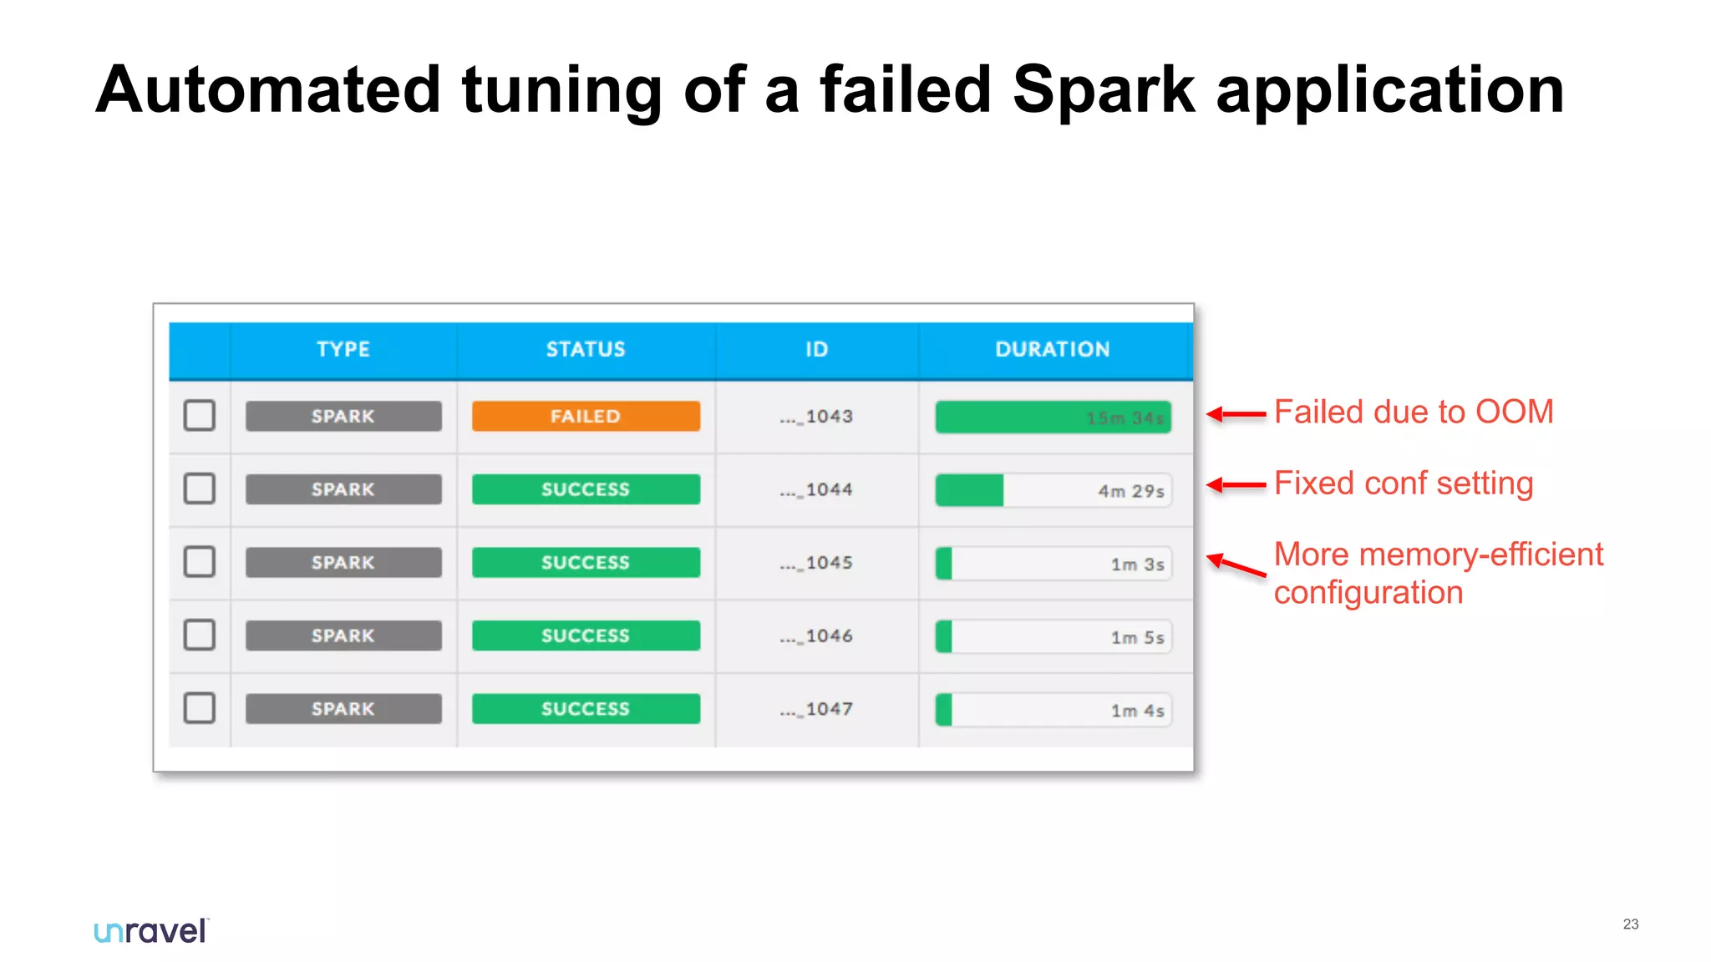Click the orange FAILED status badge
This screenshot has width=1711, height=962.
(x=586, y=416)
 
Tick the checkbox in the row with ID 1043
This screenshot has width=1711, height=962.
(x=200, y=415)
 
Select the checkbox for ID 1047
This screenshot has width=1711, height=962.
(x=200, y=708)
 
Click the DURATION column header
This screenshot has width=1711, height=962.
(x=1052, y=349)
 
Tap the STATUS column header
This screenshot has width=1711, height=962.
(x=586, y=349)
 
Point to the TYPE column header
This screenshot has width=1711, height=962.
(x=343, y=349)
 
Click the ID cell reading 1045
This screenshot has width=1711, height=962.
(x=816, y=563)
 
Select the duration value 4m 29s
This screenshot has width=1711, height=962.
(x=1130, y=491)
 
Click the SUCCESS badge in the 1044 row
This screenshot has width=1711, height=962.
(x=586, y=489)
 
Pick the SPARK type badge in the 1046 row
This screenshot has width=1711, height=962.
(x=343, y=635)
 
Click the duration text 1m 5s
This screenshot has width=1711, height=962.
(x=1137, y=638)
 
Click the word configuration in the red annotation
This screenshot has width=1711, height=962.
(x=1368, y=593)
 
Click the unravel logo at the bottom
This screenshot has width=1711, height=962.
(x=151, y=930)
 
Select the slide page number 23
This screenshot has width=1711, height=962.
(x=1630, y=924)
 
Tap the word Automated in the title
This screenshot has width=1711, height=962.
(x=268, y=89)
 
